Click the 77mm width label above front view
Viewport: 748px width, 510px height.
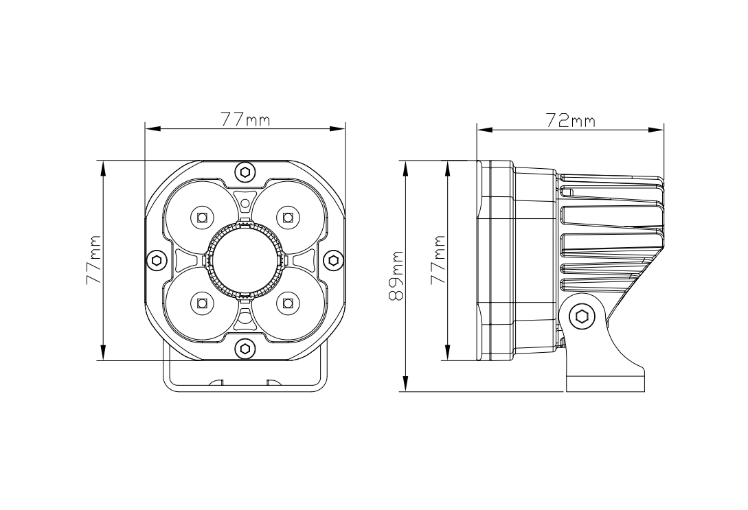245,119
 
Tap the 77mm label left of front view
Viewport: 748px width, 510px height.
93,260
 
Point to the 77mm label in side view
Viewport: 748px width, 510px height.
437,260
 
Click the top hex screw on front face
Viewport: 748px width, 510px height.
245,172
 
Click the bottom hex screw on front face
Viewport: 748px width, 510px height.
245,349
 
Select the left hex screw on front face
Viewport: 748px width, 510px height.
157,259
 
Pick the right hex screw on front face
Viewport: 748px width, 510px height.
334,259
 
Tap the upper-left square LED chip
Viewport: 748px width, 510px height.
202,218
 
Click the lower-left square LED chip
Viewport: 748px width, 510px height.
202,302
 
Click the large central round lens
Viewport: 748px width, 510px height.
245,260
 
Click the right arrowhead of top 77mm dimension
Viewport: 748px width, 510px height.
339,128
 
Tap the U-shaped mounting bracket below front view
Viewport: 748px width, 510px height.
245,384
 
